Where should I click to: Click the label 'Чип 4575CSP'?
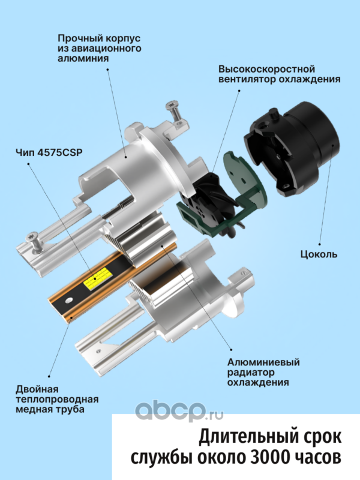[49, 152]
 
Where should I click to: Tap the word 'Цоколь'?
[319, 254]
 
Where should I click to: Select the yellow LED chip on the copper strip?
[96, 278]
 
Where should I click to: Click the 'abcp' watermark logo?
[179, 411]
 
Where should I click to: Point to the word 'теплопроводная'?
[57, 400]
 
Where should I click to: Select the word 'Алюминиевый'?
[263, 362]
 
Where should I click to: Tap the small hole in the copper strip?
[69, 299]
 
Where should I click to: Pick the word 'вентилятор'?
[247, 79]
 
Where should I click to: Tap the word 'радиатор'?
[251, 373]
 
